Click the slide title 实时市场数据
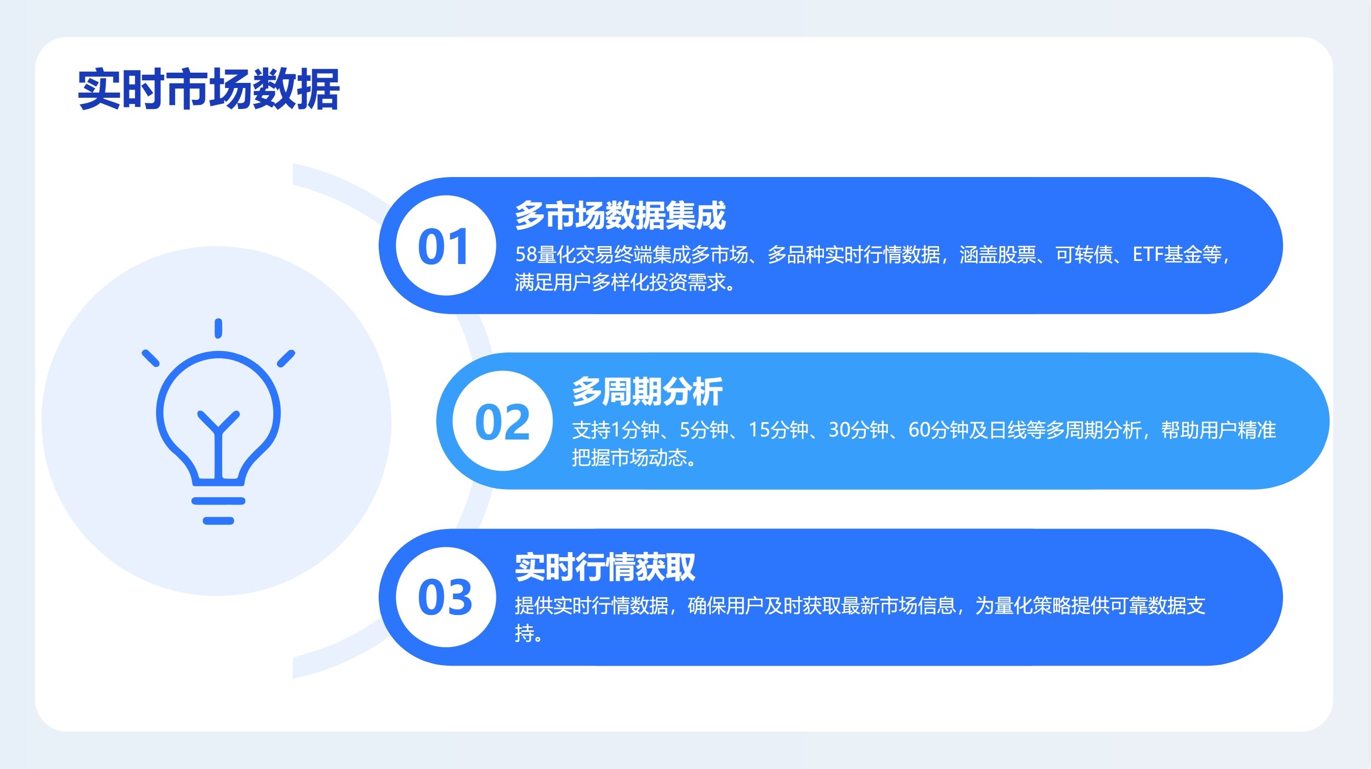(208, 89)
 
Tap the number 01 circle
(446, 246)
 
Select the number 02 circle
(503, 421)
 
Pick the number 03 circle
(446, 597)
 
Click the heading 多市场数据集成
(620, 215)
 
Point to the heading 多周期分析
(647, 391)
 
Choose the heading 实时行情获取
(604, 567)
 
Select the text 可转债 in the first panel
(1084, 255)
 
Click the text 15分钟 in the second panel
(778, 430)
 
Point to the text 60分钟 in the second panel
(938, 430)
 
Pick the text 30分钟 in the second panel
(858, 430)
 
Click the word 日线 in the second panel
(1008, 430)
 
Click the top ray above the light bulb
(218, 328)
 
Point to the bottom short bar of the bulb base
(218, 520)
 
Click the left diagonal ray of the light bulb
(150, 358)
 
